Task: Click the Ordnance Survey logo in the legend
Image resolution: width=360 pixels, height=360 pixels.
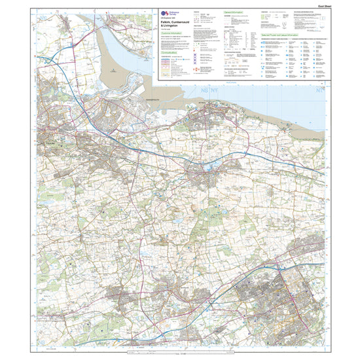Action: point(158,14)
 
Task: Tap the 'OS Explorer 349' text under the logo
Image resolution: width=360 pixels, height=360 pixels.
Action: point(158,20)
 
